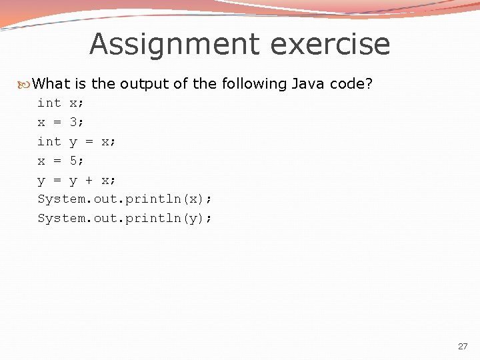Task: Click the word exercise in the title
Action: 331,45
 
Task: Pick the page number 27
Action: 463,347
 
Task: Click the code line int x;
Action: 61,103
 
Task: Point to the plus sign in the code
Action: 89,181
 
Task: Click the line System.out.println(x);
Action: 125,199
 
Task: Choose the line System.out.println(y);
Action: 125,219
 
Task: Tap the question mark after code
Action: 369,84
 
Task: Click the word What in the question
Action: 51,84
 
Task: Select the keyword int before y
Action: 49,142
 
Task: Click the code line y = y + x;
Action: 77,181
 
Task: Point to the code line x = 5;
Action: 61,161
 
